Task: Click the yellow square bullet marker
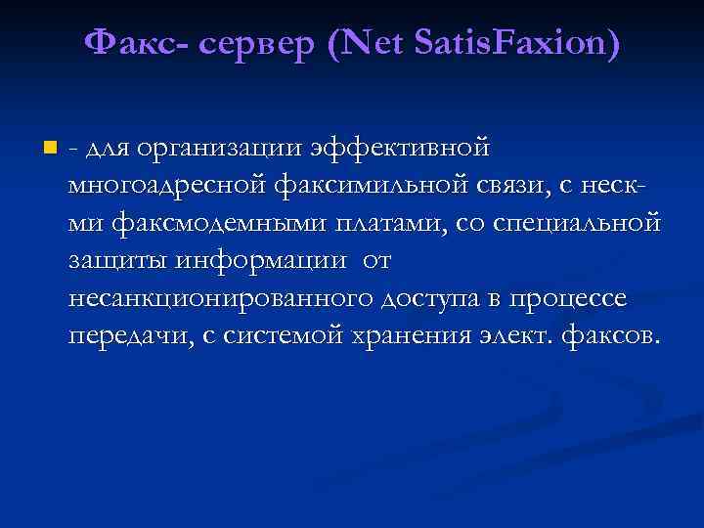tap(49, 149)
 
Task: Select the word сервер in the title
tap(251, 45)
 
